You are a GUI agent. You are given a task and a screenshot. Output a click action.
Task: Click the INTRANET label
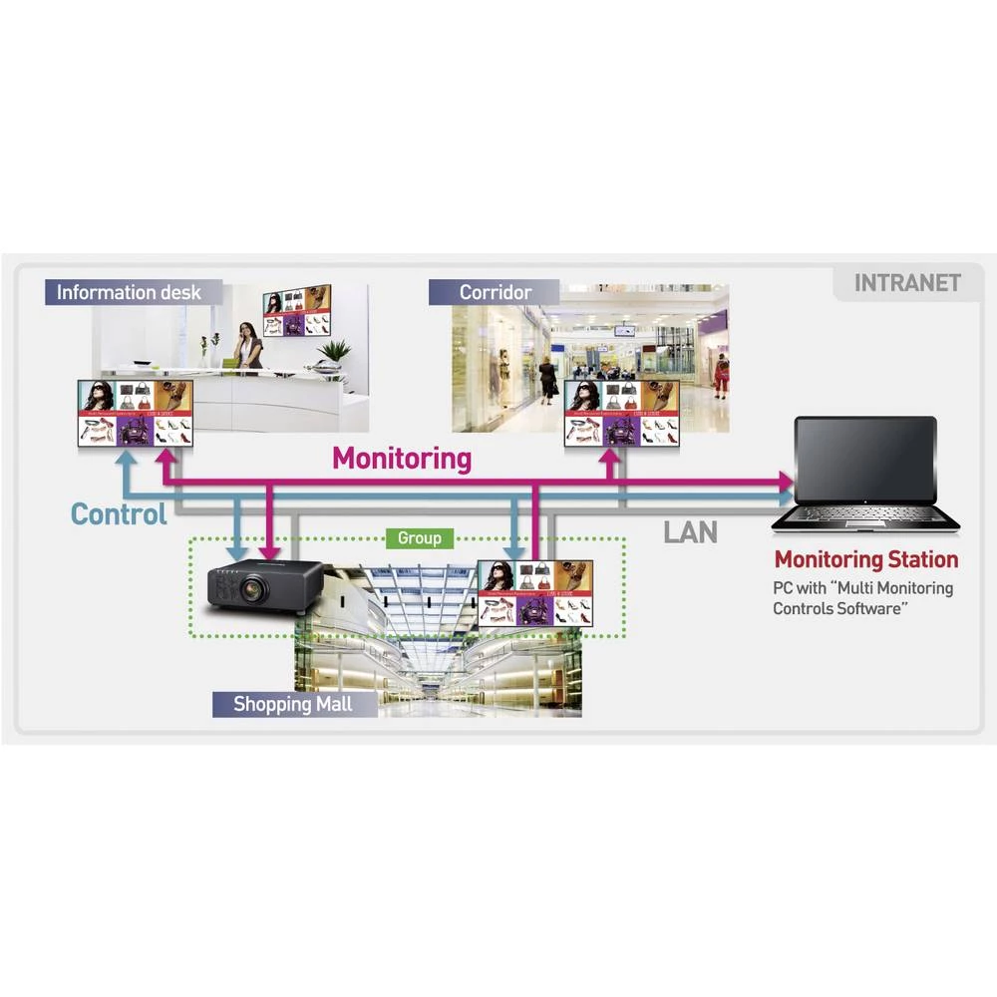pyautogui.click(x=906, y=283)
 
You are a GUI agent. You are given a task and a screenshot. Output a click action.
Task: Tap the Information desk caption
pyautogui.click(x=128, y=292)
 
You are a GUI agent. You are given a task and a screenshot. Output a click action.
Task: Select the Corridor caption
pyautogui.click(x=495, y=292)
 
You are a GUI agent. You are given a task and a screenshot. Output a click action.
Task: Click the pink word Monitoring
pyautogui.click(x=401, y=459)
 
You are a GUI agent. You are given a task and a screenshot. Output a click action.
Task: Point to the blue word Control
pyautogui.click(x=119, y=514)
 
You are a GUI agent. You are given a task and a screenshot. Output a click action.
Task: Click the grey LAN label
pyautogui.click(x=690, y=531)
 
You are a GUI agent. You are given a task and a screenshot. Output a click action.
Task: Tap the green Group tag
pyautogui.click(x=419, y=538)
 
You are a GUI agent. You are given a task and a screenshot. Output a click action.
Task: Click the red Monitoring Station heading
pyautogui.click(x=865, y=559)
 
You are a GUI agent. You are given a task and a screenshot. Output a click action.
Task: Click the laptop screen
pyautogui.click(x=865, y=460)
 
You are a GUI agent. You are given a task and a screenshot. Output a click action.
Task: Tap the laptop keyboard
pyautogui.click(x=865, y=516)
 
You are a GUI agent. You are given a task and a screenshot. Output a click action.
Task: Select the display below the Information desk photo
pyautogui.click(x=136, y=413)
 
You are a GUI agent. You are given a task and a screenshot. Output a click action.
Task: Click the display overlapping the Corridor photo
pyautogui.click(x=622, y=411)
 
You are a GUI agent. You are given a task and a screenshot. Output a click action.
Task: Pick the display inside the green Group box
pyautogui.click(x=535, y=593)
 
